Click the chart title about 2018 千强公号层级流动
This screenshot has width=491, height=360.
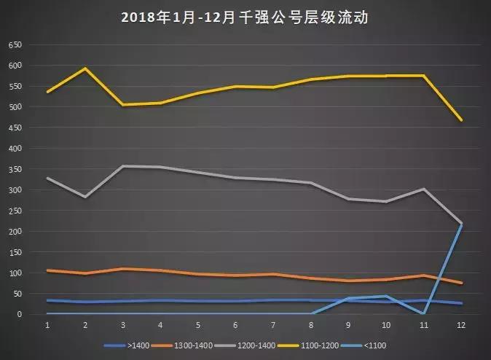coord(245,17)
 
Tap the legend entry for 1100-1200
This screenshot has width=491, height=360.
coord(315,345)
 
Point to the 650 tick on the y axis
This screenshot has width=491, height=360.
coord(15,45)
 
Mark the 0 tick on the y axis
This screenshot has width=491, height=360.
coord(20,314)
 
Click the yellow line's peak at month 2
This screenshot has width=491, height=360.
coord(85,69)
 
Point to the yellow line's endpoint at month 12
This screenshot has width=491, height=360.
coord(460,120)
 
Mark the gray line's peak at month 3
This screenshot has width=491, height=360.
coord(123,166)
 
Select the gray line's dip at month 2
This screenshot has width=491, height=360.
coord(85,197)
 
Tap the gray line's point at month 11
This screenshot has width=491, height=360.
coord(423,189)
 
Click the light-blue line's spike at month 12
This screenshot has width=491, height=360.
coord(460,224)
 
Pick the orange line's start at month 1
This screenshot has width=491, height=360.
coord(48,270)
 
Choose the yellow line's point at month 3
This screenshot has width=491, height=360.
coord(123,104)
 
